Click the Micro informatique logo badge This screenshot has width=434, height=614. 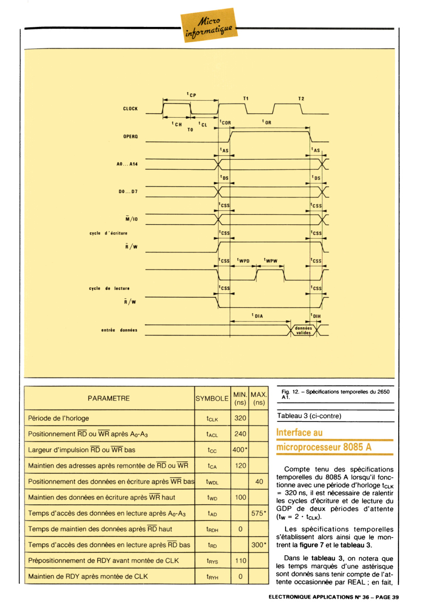[209, 25]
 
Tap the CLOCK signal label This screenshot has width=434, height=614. [130, 109]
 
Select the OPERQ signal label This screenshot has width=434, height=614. [130, 137]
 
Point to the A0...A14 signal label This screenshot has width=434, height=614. [127, 164]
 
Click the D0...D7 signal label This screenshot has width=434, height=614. [128, 192]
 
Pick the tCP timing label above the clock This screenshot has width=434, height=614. [191, 95]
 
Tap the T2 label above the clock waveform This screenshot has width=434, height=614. [301, 99]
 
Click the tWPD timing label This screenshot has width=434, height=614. [243, 261]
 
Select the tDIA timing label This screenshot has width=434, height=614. [257, 316]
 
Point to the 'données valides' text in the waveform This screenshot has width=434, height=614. [303, 330]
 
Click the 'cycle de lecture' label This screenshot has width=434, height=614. [109, 288]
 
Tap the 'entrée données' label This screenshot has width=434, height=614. [119, 330]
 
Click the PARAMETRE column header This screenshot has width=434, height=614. [109, 398]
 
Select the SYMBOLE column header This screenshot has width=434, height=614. [212, 399]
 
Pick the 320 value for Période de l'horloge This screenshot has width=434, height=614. [240, 418]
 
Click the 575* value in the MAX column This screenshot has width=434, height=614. [259, 513]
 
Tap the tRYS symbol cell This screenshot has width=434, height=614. [212, 561]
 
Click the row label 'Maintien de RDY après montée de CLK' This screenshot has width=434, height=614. [88, 576]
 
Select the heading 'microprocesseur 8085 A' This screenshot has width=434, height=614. [324, 447]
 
